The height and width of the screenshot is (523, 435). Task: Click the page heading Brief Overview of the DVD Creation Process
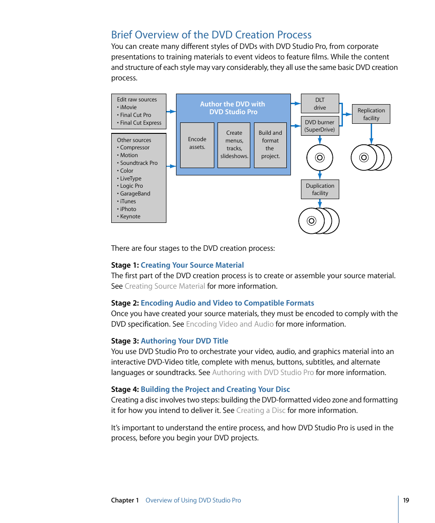(211, 35)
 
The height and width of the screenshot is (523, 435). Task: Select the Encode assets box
(197, 145)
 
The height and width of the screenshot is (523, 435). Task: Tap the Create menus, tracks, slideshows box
(234, 145)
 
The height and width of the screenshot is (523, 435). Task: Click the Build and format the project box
(270, 145)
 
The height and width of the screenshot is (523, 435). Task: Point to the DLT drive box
(320, 104)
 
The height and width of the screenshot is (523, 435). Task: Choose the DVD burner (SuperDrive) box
(320, 126)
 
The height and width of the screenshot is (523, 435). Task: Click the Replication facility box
(371, 114)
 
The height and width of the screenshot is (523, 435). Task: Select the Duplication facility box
(320, 190)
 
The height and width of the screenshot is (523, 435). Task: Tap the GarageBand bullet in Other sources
(135, 194)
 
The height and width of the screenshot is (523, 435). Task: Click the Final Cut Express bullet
(140, 123)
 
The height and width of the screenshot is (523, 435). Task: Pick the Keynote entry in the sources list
(130, 217)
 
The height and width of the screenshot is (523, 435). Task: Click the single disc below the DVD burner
(320, 158)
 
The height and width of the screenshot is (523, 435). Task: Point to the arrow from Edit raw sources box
(171, 111)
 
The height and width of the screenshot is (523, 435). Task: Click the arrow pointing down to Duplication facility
(320, 175)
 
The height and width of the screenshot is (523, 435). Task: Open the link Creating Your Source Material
(192, 265)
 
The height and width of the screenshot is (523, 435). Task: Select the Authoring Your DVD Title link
(184, 341)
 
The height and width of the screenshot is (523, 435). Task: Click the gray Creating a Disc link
(260, 410)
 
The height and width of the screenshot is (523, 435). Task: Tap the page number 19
(406, 500)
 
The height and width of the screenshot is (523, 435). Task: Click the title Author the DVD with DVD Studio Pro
(233, 108)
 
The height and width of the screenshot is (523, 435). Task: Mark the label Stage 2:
(124, 303)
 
